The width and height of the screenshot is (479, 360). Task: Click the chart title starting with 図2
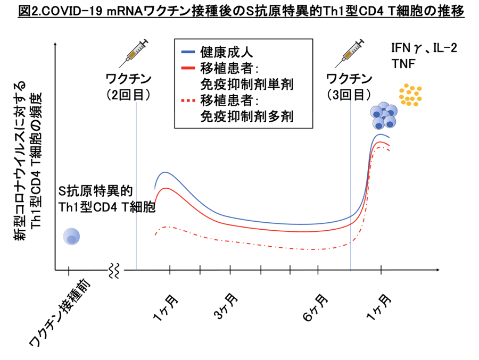pyautogui.click(x=240, y=11)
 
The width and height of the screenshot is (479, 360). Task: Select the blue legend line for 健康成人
pyautogui.click(x=189, y=52)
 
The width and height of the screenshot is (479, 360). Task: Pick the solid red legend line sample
pyautogui.click(x=189, y=68)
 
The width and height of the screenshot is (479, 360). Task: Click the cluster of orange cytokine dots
pyautogui.click(x=410, y=94)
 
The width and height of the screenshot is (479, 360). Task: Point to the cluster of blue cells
pyautogui.click(x=384, y=116)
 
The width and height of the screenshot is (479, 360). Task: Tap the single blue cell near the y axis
pyautogui.click(x=71, y=237)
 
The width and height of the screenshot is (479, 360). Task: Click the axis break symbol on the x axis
pyautogui.click(x=113, y=270)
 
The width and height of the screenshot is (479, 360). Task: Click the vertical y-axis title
pyautogui.click(x=29, y=160)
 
